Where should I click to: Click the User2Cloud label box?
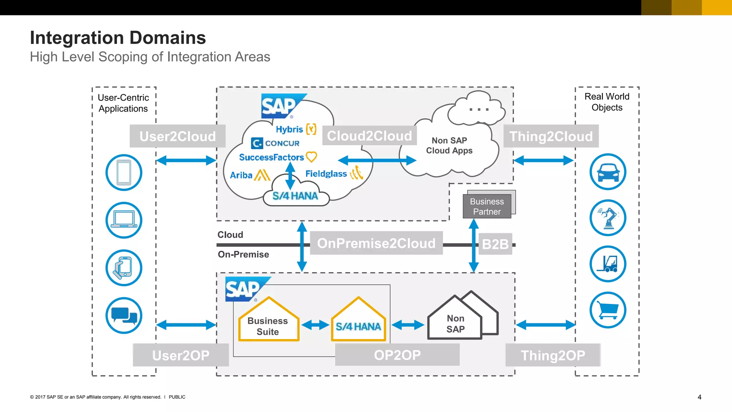coord(177,136)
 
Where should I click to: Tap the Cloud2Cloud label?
coord(369,136)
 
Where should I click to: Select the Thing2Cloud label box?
coord(551,136)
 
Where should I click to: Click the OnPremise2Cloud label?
coord(376,243)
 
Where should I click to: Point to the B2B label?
coord(495,244)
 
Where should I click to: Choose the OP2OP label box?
coord(397,355)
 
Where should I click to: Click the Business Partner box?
coord(486,206)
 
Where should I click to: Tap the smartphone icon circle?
coord(124,172)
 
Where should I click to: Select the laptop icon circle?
coord(124,220)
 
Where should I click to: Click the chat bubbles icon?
coord(124,315)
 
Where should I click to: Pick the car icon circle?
coord(608,172)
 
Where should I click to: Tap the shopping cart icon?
coord(608,310)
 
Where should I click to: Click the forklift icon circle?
coord(608,264)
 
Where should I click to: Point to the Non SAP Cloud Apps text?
coord(449,146)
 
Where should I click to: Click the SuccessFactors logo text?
coord(272,157)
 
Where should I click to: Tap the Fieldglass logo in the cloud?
coord(326,174)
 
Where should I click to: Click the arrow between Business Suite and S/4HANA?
coord(315,325)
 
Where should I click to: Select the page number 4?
coord(699,397)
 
